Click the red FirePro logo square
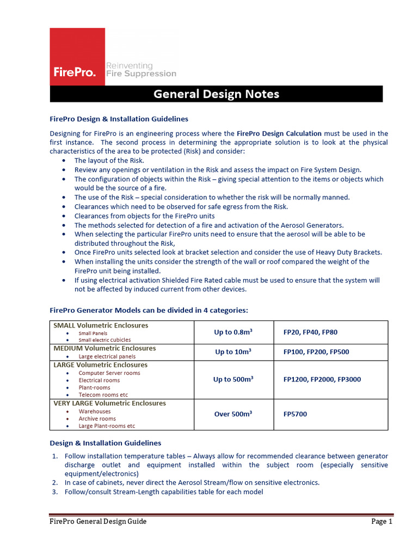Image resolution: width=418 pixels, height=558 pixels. pyautogui.click(x=77, y=57)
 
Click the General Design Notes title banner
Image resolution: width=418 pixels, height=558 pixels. pyautogui.click(x=216, y=94)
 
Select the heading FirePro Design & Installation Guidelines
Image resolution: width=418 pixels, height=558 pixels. pyautogui.click(x=119, y=118)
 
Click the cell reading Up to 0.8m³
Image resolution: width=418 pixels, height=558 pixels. pyautogui.click(x=232, y=332)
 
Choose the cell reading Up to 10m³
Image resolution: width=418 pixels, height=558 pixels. pyautogui.click(x=232, y=352)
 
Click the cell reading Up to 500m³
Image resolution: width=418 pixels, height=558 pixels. pyautogui.click(x=232, y=379)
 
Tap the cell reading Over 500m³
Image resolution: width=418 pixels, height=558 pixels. pyautogui.click(x=232, y=414)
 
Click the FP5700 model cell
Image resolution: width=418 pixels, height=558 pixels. pyautogui.click(x=295, y=414)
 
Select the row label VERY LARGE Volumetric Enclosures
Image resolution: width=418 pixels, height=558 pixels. pyautogui.click(x=109, y=403)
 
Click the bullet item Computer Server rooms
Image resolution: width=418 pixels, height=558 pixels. pyautogui.click(x=109, y=373)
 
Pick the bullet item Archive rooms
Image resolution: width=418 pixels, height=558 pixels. pyautogui.click(x=97, y=418)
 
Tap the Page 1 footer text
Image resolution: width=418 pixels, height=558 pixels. pyautogui.click(x=382, y=521)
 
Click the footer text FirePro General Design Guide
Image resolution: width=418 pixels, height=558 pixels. pyautogui.click(x=98, y=521)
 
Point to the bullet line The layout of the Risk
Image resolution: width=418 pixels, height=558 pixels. pyautogui.click(x=109, y=160)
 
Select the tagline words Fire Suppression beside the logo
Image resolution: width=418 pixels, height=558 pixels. pyautogui.click(x=141, y=74)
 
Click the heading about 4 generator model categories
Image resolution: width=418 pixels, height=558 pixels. pyautogui.click(x=149, y=310)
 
